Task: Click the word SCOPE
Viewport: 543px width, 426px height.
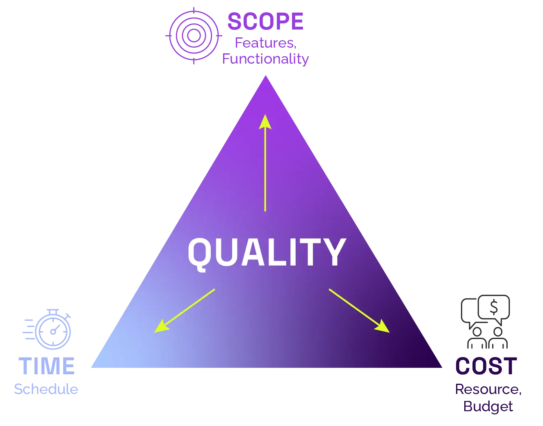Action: click(x=265, y=21)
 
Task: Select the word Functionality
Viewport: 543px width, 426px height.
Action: click(x=265, y=59)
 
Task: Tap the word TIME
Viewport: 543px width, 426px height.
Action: click(x=46, y=365)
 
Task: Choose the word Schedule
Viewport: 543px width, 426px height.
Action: click(x=46, y=388)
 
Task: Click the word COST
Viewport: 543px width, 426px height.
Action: click(x=486, y=366)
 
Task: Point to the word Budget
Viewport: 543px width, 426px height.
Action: click(x=488, y=407)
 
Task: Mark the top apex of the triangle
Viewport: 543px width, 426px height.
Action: click(x=266, y=76)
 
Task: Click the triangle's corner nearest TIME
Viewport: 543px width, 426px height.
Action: click(x=91, y=369)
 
